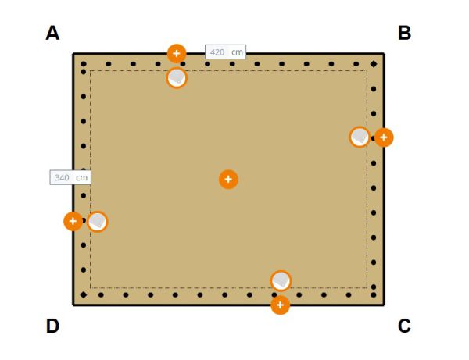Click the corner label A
coord(52,33)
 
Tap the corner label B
coord(404,33)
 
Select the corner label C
coord(404,326)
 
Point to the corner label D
coord(52,326)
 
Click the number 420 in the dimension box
coord(217,52)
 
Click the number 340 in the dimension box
coord(62,177)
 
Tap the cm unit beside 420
coord(238,52)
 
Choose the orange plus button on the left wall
coord(73,221)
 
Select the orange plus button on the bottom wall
coord(280,305)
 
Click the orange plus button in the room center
coord(228,180)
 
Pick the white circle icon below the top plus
coord(177,77)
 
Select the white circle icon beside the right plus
coord(360,137)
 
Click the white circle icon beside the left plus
coord(97,222)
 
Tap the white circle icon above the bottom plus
coord(281,280)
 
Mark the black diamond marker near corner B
coord(374,63)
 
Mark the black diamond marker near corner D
coord(84,295)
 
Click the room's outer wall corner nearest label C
coord(384,304)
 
